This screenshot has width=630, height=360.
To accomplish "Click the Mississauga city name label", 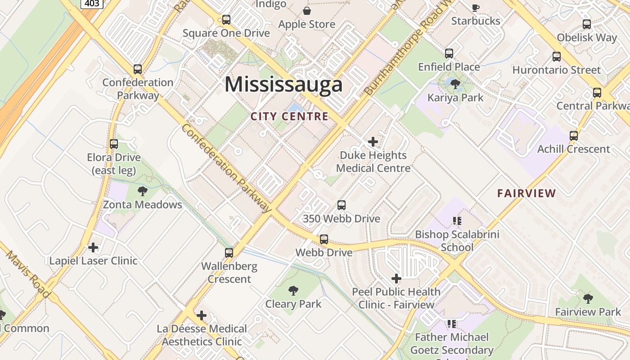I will pyautogui.click(x=283, y=85).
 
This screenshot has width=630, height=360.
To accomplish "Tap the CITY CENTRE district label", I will pyautogui.click(x=289, y=117).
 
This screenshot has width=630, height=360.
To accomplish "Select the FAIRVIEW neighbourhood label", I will pyautogui.click(x=526, y=193).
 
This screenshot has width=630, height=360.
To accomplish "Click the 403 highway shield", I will pyautogui.click(x=93, y=4).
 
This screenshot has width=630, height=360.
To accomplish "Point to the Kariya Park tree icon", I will pyautogui.click(x=455, y=84).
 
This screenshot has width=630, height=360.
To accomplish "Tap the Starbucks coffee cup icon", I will pyautogui.click(x=476, y=8).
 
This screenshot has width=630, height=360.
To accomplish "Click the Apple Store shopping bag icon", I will pyautogui.click(x=307, y=11).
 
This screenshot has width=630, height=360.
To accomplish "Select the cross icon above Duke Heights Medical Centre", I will pyautogui.click(x=373, y=142).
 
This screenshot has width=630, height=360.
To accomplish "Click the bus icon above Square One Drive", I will pyautogui.click(x=226, y=20).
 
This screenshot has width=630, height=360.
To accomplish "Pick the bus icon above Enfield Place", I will pyautogui.click(x=449, y=54).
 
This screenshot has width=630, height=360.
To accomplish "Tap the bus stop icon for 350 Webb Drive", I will pyautogui.click(x=342, y=205).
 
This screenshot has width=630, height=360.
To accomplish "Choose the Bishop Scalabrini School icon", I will pyautogui.click(x=457, y=221).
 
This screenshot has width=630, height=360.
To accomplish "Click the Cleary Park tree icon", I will pyautogui.click(x=293, y=291).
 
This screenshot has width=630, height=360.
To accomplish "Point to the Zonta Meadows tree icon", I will pyautogui.click(x=143, y=191).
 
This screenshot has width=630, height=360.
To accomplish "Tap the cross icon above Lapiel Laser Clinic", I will pyautogui.click(x=93, y=247).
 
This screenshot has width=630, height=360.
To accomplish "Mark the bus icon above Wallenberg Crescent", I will pyautogui.click(x=229, y=253).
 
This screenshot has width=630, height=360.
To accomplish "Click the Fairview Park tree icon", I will pyautogui.click(x=588, y=298).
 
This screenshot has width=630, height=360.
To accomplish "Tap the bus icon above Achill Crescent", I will pyautogui.click(x=574, y=136).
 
